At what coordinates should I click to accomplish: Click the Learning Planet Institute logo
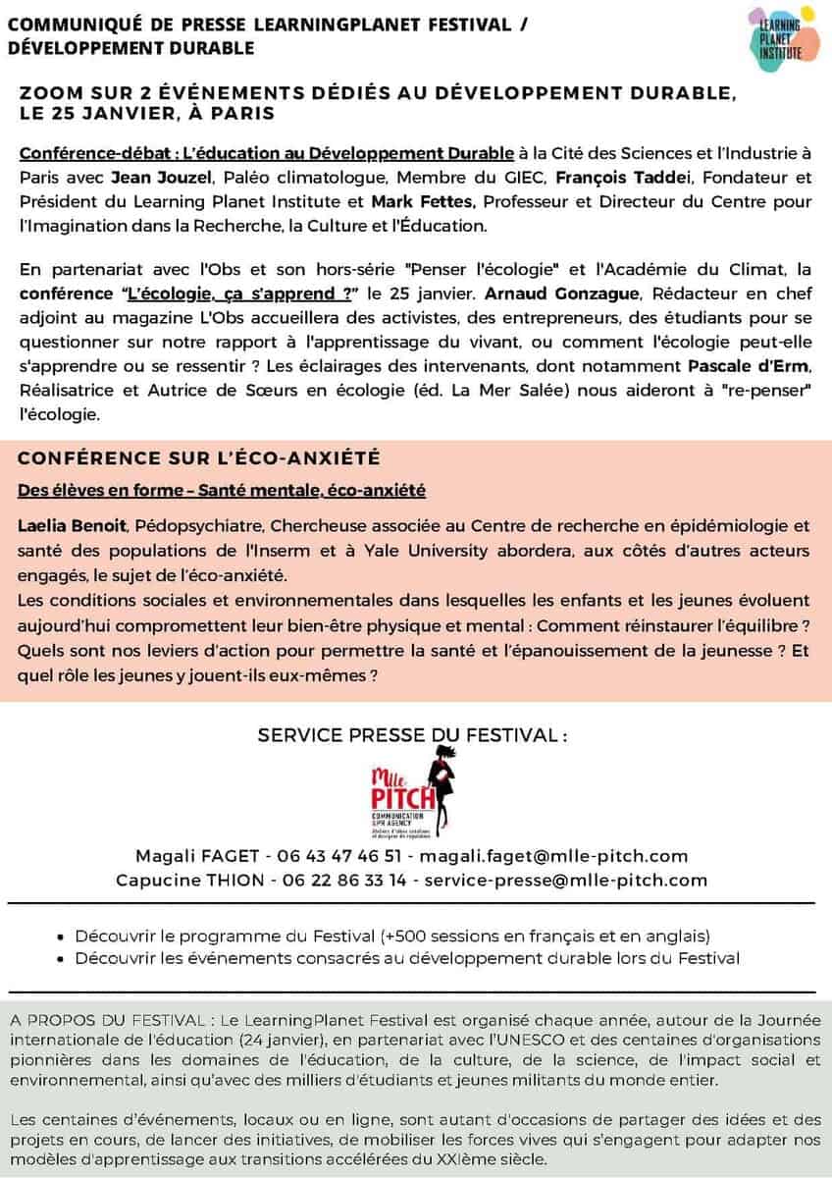tap(776, 33)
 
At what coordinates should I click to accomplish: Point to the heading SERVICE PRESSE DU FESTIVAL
tap(412, 735)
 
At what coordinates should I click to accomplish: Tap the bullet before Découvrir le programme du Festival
tap(63, 937)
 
